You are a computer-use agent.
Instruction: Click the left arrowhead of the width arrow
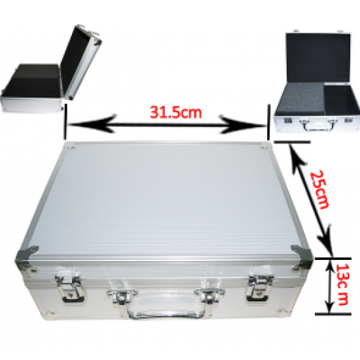tap(74, 122)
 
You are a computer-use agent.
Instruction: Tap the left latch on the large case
tap(73, 288)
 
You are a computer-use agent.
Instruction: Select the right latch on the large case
tap(260, 287)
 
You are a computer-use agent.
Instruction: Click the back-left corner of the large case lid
tap(63, 147)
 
